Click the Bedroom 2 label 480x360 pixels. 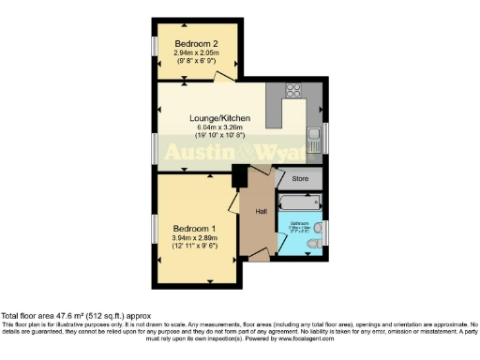(x=196, y=43)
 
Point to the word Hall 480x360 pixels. (x=261, y=211)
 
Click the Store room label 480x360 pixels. (x=300, y=178)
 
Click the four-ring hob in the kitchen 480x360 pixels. (x=291, y=92)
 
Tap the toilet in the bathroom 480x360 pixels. (x=316, y=245)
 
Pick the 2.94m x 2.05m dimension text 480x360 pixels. (x=196, y=53)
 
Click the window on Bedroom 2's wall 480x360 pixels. (x=154, y=47)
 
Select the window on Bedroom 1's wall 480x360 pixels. (x=154, y=230)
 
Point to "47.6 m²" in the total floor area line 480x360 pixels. (x=55, y=316)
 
